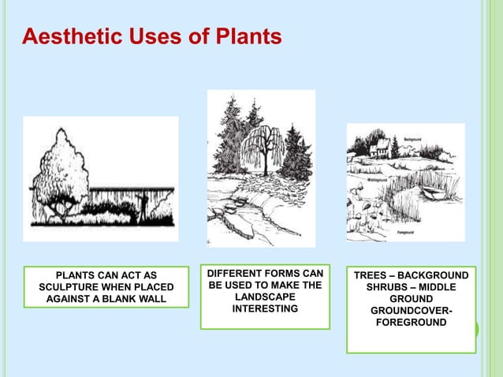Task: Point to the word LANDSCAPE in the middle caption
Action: point(264,297)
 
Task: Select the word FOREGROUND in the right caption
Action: point(410,323)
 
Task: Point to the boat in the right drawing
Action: point(432,192)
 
